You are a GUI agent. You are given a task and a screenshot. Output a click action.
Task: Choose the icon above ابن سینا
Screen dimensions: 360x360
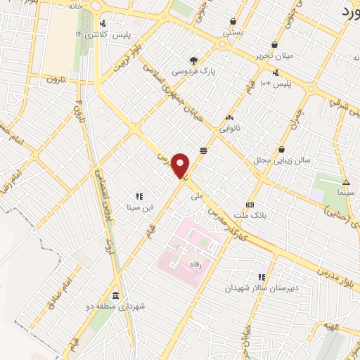[139, 196]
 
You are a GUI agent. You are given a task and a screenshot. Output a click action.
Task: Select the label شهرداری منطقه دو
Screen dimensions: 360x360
[118, 307]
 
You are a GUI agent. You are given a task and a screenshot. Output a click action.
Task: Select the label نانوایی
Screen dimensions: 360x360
[230, 129]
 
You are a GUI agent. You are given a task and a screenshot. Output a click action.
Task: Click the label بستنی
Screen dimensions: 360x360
[233, 32]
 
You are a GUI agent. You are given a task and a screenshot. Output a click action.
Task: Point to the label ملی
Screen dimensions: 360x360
[197, 197]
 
